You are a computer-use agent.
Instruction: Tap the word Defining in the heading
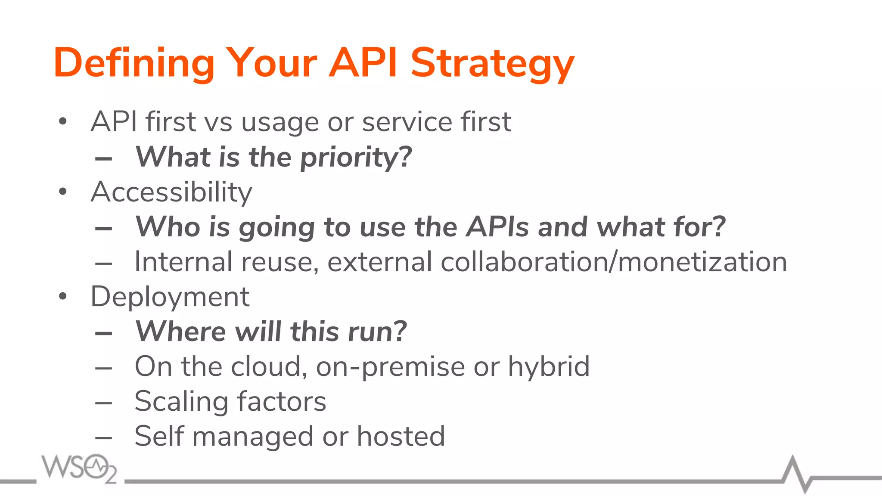(134, 64)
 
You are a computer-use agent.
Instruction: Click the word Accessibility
(171, 192)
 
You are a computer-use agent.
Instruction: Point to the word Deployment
(170, 297)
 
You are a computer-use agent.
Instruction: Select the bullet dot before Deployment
(63, 296)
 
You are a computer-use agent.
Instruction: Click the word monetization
(702, 262)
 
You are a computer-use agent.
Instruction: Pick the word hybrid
(549, 367)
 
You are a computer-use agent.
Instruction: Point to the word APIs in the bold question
(497, 227)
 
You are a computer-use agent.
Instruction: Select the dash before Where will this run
(104, 333)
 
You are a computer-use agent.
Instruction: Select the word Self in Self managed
(159, 436)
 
